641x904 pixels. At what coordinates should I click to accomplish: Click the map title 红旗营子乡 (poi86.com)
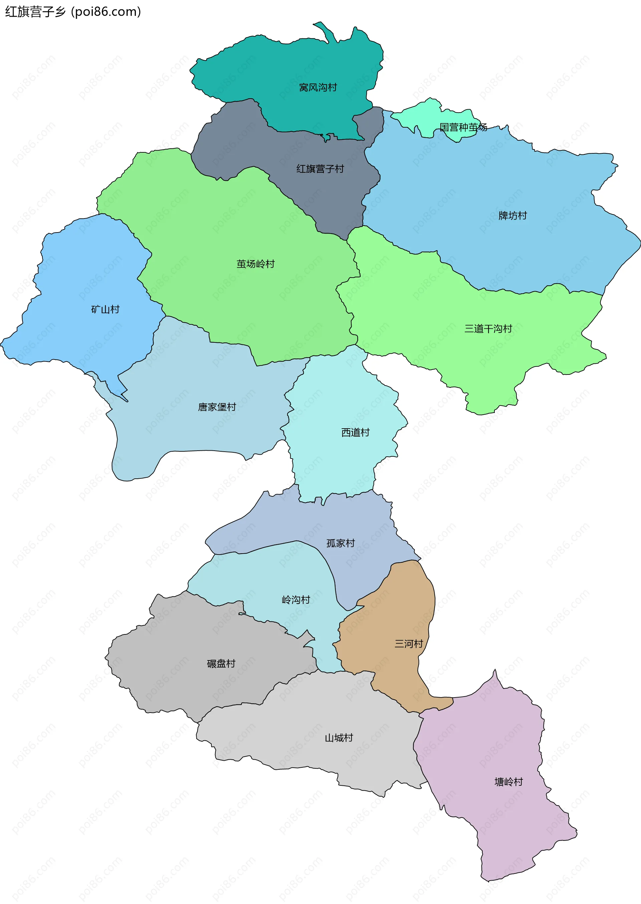[x=73, y=12]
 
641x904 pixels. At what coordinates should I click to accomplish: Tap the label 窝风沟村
[x=318, y=87]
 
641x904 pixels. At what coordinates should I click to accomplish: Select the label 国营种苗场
[x=463, y=127]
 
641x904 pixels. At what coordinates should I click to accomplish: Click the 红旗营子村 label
[x=320, y=169]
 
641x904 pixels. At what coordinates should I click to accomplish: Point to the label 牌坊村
[x=512, y=215]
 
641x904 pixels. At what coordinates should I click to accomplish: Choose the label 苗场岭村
[x=255, y=264]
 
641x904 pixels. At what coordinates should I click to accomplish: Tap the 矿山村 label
[x=105, y=309]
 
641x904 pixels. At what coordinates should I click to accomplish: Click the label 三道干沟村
[x=488, y=329]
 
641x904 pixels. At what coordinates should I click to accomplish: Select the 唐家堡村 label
[x=217, y=407]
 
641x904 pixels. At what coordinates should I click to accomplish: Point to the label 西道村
[x=355, y=432]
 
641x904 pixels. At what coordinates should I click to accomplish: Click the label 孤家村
[x=340, y=543]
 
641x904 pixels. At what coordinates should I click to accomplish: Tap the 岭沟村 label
[x=296, y=600]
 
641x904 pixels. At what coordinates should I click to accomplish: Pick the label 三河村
[x=409, y=644]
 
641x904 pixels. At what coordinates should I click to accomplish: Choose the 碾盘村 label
[x=221, y=663]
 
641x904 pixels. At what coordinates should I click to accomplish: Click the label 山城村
[x=339, y=738]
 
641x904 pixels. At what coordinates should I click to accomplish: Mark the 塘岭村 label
[x=508, y=782]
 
